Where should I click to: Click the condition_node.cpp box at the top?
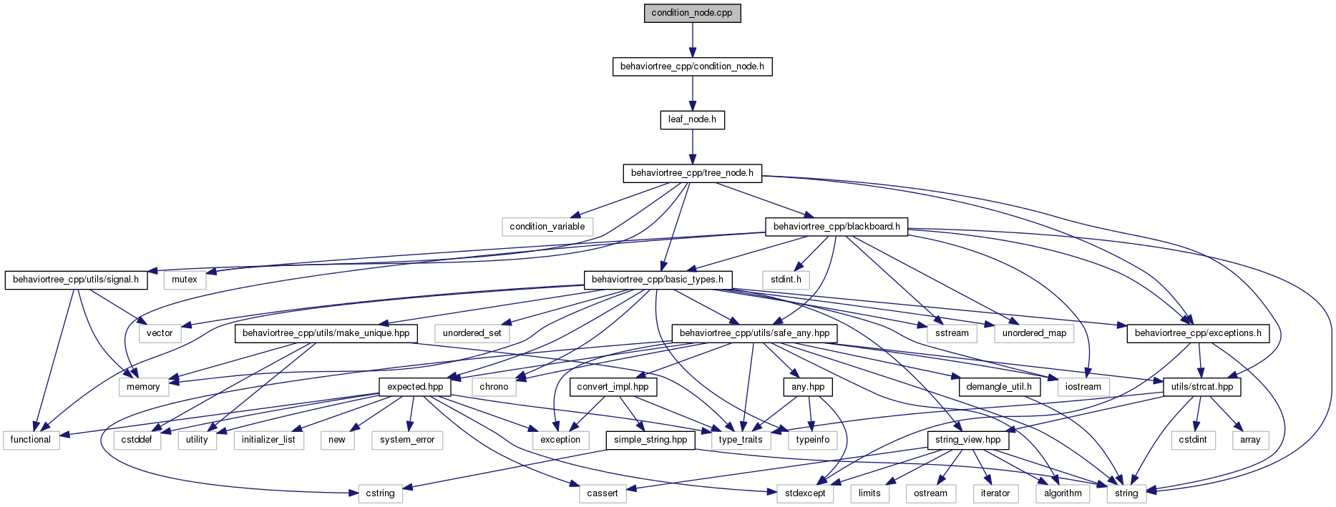(692, 13)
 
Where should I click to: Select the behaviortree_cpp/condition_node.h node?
(692, 67)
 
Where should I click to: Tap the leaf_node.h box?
(692, 119)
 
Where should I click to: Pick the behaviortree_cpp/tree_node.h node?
(692, 173)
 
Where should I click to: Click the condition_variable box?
(547, 227)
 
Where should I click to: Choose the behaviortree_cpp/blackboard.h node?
(837, 227)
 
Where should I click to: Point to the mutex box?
(185, 280)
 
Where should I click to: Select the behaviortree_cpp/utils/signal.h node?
(76, 280)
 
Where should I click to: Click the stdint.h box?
(786, 280)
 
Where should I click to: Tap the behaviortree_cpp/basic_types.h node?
(658, 280)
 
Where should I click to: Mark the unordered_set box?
(472, 333)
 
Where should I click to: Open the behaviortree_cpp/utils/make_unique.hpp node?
(326, 333)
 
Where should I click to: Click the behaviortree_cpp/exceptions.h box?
(1198, 333)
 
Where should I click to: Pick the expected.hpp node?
(415, 387)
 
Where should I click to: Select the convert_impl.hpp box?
(613, 387)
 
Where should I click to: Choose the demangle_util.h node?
(999, 387)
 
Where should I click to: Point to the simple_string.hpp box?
(650, 440)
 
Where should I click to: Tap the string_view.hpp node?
(967, 440)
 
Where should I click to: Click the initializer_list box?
(268, 440)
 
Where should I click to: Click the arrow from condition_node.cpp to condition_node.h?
(692, 40)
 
